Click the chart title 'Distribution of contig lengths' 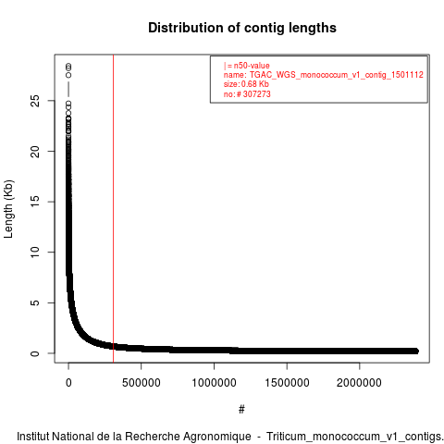coord(242,28)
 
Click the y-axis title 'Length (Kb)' coord(8,209)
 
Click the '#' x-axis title coord(241,410)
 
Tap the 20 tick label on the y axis coord(35,151)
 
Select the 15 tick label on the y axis coord(35,202)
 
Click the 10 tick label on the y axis coord(35,252)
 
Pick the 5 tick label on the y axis coord(35,302)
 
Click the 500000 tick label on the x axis coord(142,383)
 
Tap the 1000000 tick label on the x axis coord(214,383)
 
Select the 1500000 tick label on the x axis coord(287,383)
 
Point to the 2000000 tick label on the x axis coord(360,383)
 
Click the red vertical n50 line coord(114,208)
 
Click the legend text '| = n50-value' coord(247,66)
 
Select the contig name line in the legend coord(324,75)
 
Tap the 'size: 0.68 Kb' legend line coord(246,84)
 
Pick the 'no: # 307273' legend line coord(247,93)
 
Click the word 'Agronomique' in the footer coord(216,437)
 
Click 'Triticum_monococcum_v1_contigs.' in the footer coord(355,437)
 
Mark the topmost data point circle coord(68,66)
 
